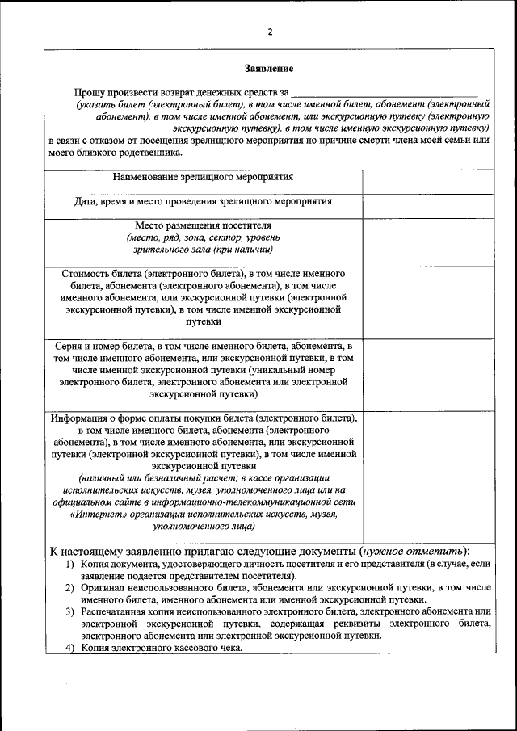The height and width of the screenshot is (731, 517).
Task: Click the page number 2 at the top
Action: tap(271, 32)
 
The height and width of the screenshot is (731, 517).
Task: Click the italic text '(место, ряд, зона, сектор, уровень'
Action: tap(203, 237)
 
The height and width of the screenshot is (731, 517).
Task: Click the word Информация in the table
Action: tap(82, 418)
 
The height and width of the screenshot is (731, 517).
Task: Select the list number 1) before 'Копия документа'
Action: tap(70, 563)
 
